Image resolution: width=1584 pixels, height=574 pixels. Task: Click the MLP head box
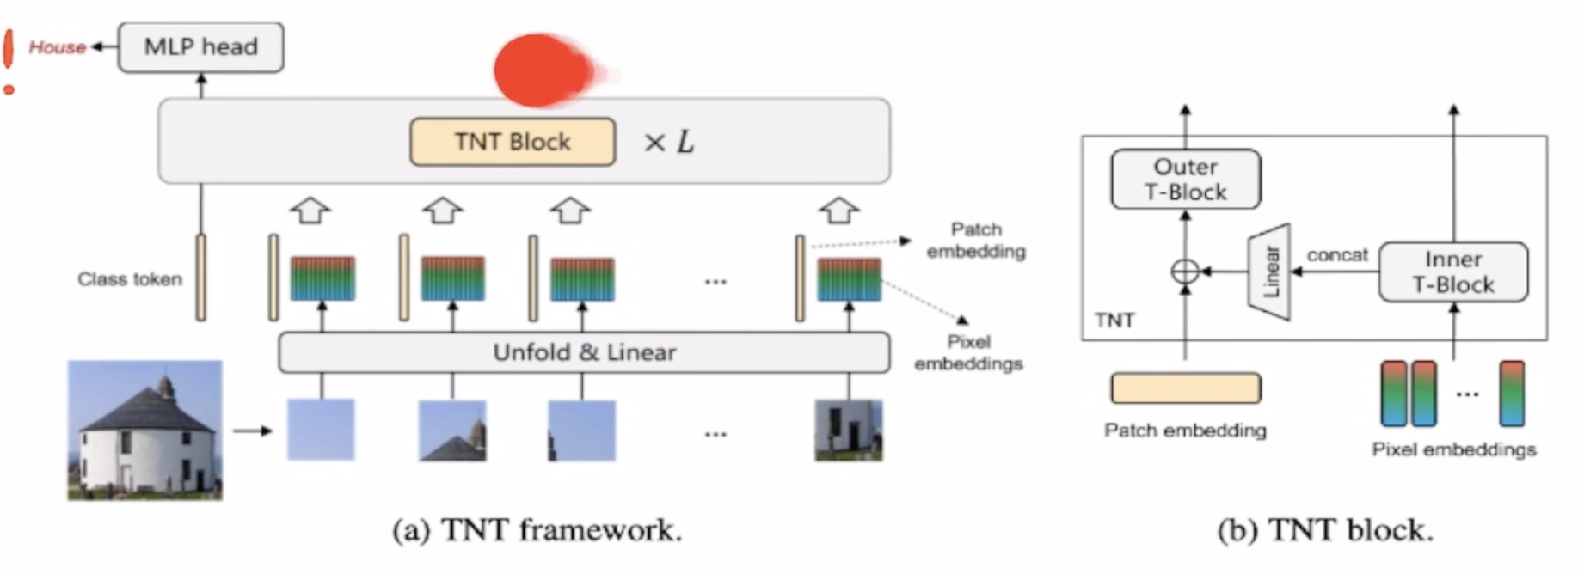point(200,47)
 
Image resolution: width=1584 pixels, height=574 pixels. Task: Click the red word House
point(57,47)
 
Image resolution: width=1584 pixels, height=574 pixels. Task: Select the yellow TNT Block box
point(513,142)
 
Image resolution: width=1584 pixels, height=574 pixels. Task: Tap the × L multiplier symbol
point(669,142)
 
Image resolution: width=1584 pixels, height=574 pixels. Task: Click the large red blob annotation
point(543,70)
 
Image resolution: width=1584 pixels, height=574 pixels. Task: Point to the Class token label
point(130,279)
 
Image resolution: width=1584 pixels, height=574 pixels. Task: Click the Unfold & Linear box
point(584,352)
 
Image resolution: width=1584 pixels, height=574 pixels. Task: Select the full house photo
point(144,430)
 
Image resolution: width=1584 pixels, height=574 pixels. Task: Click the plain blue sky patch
point(321,430)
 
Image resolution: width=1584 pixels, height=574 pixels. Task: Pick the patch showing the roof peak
point(452,430)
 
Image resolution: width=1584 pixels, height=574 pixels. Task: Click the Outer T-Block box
point(1185,180)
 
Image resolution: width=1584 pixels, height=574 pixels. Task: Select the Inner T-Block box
point(1452,272)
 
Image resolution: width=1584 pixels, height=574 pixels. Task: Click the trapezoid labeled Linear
point(1270,272)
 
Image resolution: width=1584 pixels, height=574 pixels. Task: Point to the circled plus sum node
point(1185,272)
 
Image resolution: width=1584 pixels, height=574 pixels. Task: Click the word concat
point(1336,255)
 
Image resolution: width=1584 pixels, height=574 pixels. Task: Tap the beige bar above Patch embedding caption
point(1185,388)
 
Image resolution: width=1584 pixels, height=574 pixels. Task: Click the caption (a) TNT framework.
point(537,530)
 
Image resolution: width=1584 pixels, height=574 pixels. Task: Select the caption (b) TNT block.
point(1325,530)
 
